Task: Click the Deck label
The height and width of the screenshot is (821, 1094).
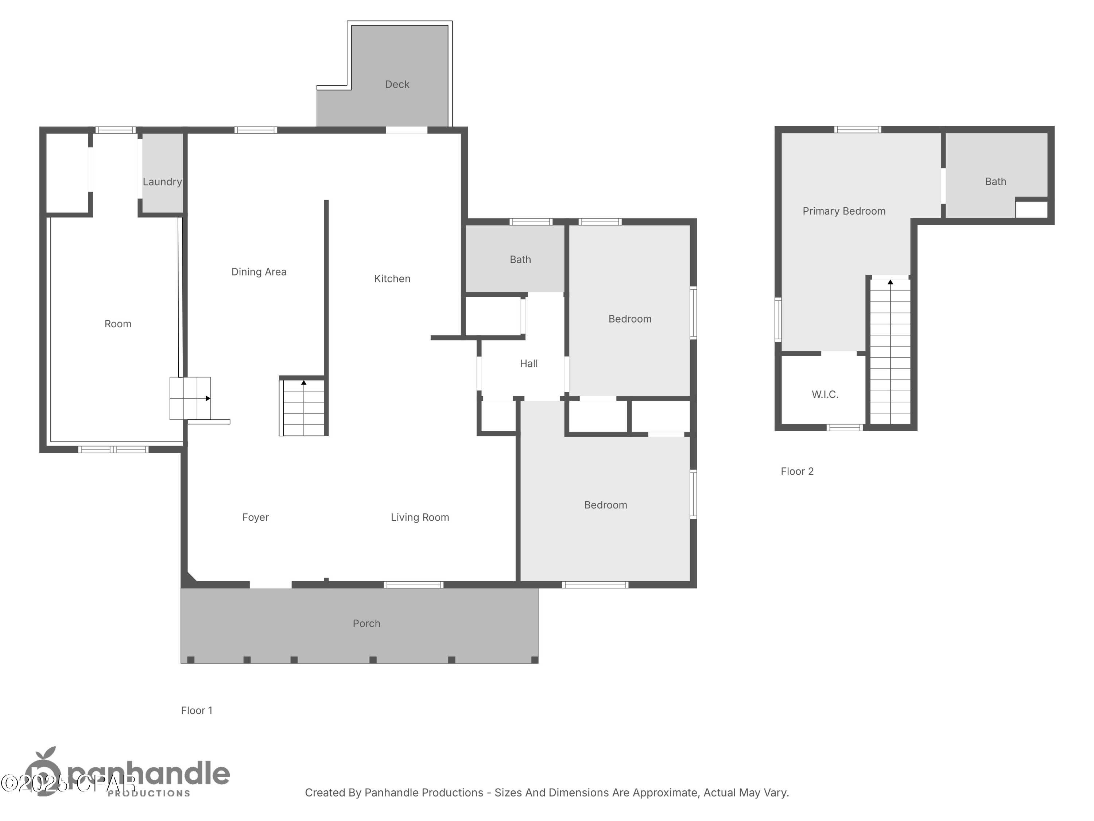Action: (x=397, y=85)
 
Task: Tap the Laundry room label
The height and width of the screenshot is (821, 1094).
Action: (x=162, y=182)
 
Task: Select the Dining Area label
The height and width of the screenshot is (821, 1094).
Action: (x=259, y=272)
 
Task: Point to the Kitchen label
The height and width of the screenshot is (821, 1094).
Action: (x=392, y=279)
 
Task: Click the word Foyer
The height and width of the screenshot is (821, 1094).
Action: (x=255, y=517)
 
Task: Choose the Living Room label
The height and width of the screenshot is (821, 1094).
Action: (x=419, y=517)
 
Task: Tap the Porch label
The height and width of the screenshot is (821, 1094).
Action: (x=366, y=624)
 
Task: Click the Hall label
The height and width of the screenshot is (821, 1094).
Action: (x=528, y=364)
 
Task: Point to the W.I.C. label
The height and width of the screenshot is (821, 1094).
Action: (x=825, y=394)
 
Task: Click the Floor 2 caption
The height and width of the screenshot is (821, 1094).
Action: (x=796, y=471)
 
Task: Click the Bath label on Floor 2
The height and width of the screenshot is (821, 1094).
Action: (x=995, y=182)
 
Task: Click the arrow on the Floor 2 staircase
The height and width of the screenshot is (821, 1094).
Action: (x=890, y=282)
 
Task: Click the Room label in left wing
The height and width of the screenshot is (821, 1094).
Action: (x=118, y=324)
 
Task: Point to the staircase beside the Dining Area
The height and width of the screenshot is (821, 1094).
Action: (x=303, y=408)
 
